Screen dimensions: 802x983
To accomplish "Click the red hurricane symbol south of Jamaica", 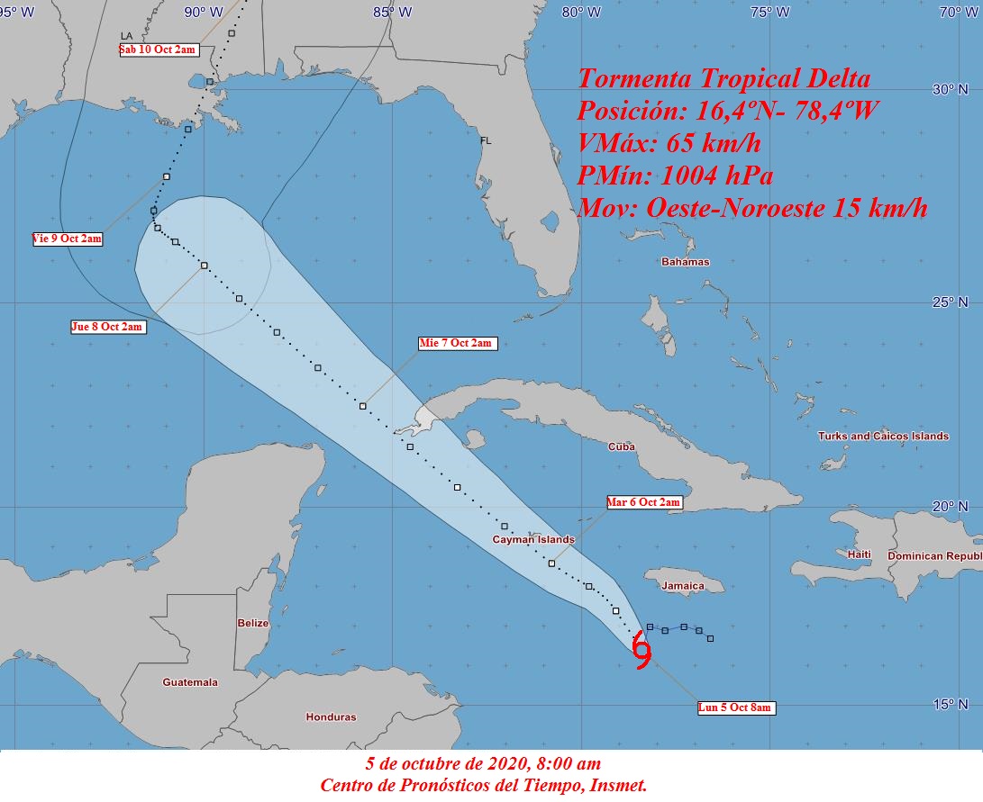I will [x=642, y=651].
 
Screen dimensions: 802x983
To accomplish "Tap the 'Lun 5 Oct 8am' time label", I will [x=736, y=708].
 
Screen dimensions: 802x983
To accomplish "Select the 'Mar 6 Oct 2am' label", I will [x=643, y=502].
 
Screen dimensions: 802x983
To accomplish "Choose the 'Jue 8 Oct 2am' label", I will [x=107, y=327].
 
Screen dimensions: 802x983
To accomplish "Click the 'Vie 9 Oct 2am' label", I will [x=67, y=239].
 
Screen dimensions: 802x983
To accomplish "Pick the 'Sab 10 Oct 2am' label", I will [x=158, y=50].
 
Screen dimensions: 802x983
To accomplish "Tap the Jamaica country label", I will [x=682, y=586].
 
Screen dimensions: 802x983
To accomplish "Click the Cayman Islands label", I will [x=533, y=540].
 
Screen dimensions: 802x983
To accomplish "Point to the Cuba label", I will [x=622, y=446].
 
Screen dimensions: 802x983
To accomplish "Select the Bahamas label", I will [x=686, y=262].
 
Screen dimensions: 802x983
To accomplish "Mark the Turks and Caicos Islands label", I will [x=883, y=437].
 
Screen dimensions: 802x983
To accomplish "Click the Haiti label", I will [x=860, y=554].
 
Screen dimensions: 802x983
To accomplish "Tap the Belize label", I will [x=253, y=623].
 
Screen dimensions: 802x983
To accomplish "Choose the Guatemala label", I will [x=190, y=682].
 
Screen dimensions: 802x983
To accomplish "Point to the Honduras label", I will [x=331, y=717].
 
